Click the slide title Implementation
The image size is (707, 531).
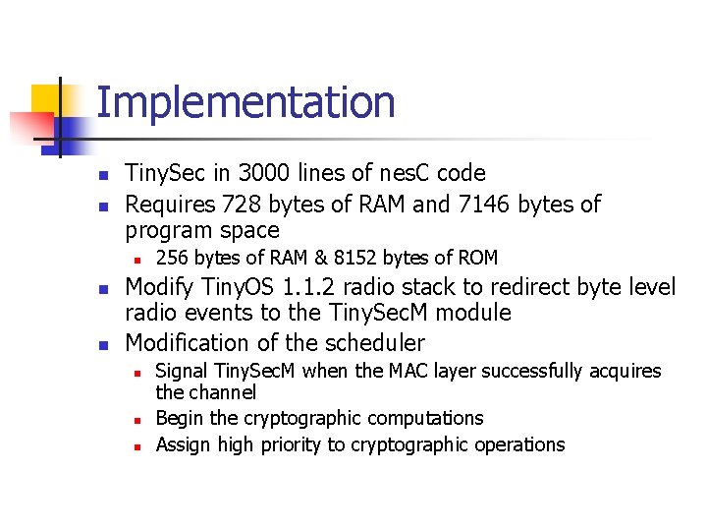click(245, 102)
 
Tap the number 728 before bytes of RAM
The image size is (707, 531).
click(243, 205)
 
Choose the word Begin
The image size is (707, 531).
click(180, 419)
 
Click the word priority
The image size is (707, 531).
click(292, 445)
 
